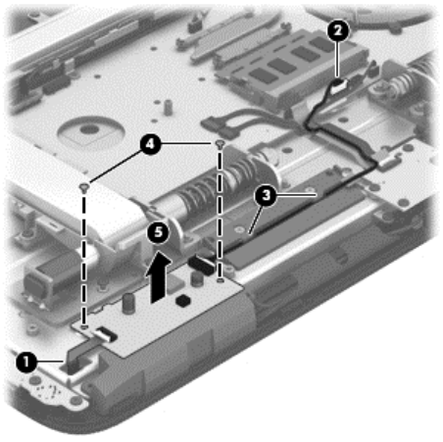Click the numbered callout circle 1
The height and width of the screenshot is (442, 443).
26,362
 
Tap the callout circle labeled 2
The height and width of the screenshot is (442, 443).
338,30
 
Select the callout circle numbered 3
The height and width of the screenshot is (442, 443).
266,196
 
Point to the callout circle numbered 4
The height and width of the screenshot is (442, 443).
150,143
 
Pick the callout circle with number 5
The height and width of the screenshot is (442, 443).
159,232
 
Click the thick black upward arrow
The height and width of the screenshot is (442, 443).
159,277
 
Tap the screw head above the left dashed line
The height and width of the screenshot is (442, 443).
84,187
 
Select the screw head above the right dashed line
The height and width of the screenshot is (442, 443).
221,144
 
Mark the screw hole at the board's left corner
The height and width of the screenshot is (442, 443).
84,326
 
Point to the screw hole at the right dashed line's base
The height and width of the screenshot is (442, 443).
221,280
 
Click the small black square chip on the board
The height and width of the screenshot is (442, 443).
183,300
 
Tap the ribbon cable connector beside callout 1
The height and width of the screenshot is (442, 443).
105,332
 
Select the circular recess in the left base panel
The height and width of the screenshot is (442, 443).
91,131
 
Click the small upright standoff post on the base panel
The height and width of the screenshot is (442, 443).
168,108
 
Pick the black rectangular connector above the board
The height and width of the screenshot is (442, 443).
202,265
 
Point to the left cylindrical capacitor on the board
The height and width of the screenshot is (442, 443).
128,304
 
